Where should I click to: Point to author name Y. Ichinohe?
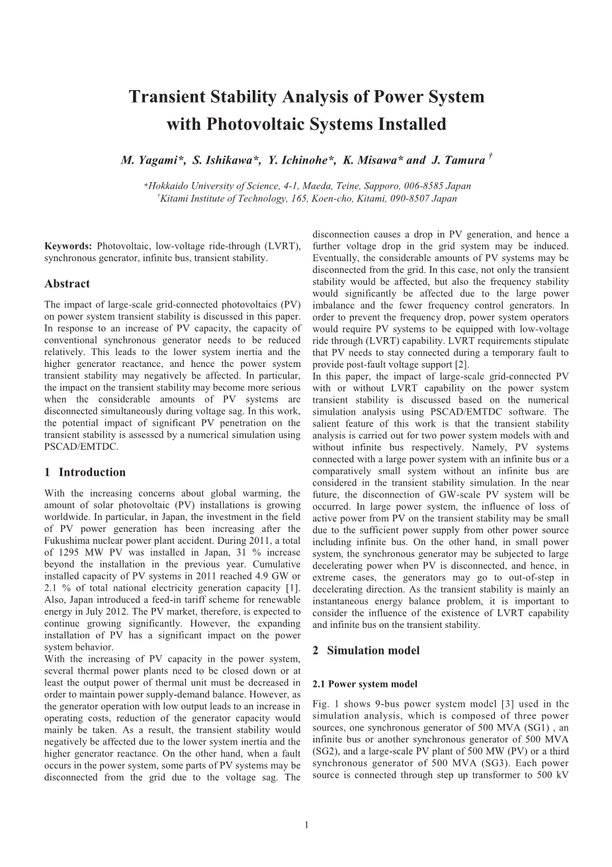[296, 160]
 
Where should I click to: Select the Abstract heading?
[67, 283]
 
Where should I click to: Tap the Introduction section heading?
[91, 472]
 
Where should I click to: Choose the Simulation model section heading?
[373, 650]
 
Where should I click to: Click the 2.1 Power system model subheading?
[365, 684]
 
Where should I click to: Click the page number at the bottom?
[306, 825]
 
